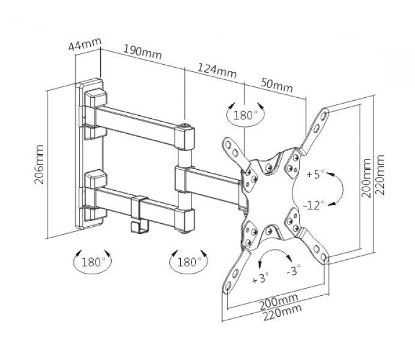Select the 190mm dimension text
point(142,52)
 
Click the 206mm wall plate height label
point(40,164)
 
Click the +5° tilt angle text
point(315,175)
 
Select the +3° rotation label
point(260,278)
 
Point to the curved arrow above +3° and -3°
point(277,256)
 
